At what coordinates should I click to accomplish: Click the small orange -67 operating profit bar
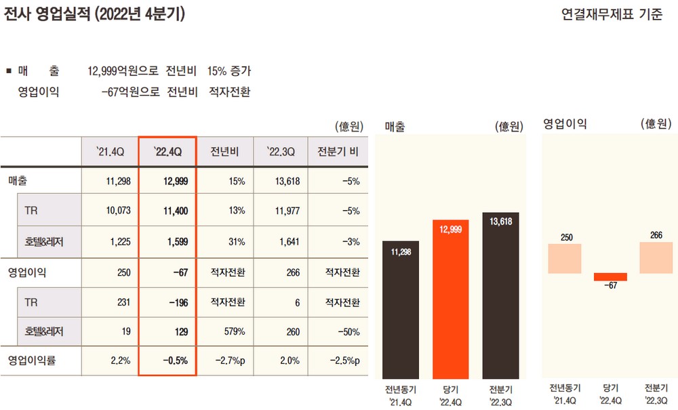[610, 276]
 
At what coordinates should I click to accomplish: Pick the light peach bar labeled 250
[565, 258]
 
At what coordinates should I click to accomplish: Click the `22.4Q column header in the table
[167, 151]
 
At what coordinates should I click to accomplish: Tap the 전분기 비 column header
[337, 151]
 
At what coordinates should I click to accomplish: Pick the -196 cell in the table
[178, 302]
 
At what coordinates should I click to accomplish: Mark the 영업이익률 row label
[32, 361]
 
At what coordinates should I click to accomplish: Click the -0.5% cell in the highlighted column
[175, 361]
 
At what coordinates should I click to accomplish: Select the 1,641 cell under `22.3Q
[288, 241]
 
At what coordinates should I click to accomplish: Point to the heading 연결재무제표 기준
[612, 14]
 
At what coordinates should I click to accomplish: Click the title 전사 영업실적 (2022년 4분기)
[94, 14]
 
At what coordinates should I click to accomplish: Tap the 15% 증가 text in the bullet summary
[229, 71]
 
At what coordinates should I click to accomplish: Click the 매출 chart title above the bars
[395, 126]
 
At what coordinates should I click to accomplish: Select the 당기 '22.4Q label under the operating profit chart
[610, 395]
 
